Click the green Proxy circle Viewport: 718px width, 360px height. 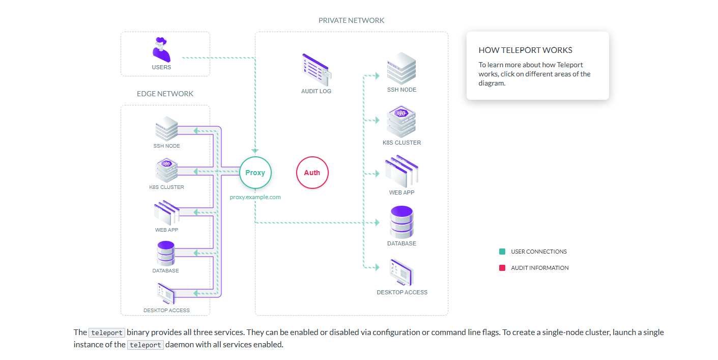pyautogui.click(x=255, y=173)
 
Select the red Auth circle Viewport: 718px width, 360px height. pyautogui.click(x=312, y=173)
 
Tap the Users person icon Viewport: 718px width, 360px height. pyautogui.click(x=161, y=49)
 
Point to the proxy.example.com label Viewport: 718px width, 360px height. pyautogui.click(x=255, y=197)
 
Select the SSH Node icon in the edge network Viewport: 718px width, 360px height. pyautogui.click(x=166, y=129)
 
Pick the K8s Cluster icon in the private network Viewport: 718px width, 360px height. pyautogui.click(x=402, y=121)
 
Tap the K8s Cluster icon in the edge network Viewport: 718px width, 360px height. pyautogui.click(x=166, y=170)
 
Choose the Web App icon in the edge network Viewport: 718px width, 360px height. pyautogui.click(x=166, y=213)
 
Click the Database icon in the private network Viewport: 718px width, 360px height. pyautogui.click(x=401, y=221)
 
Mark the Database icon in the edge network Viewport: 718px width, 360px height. pyautogui.click(x=166, y=253)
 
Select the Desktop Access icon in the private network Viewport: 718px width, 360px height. pyautogui.click(x=401, y=272)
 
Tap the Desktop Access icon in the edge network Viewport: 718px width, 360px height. pyautogui.click(x=166, y=294)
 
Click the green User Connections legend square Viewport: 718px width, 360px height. pyautogui.click(x=502, y=252)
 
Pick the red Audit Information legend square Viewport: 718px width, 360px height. pyautogui.click(x=502, y=268)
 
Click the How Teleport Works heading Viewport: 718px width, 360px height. pyautogui.click(x=525, y=50)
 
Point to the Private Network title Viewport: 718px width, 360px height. pyautogui.click(x=351, y=20)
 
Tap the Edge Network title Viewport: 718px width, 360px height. pyautogui.click(x=165, y=94)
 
